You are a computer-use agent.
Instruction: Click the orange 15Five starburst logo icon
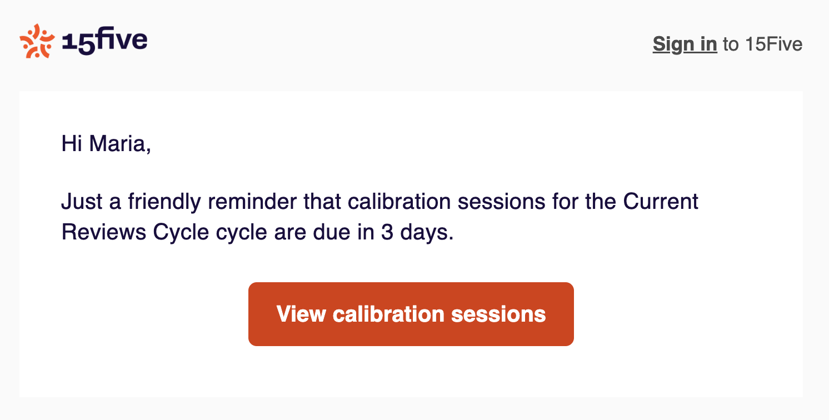(x=37, y=41)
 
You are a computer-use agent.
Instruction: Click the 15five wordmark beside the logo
(x=104, y=41)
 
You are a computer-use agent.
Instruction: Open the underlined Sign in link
(x=685, y=44)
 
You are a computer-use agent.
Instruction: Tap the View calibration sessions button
(x=411, y=314)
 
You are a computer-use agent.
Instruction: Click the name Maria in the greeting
(x=120, y=143)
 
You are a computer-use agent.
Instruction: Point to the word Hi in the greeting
(x=72, y=143)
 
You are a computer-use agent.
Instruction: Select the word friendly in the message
(x=164, y=202)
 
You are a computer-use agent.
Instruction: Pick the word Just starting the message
(x=82, y=202)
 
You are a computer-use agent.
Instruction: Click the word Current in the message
(x=661, y=202)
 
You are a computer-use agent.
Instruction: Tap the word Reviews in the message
(x=103, y=232)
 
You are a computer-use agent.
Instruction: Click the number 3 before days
(x=387, y=232)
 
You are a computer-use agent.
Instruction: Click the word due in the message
(x=331, y=232)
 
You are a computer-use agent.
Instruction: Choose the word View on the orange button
(x=301, y=314)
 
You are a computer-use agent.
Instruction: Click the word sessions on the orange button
(x=498, y=314)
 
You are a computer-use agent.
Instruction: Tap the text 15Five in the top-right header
(x=774, y=44)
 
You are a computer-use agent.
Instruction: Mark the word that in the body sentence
(x=322, y=202)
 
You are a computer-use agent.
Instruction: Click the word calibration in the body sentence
(x=399, y=202)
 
